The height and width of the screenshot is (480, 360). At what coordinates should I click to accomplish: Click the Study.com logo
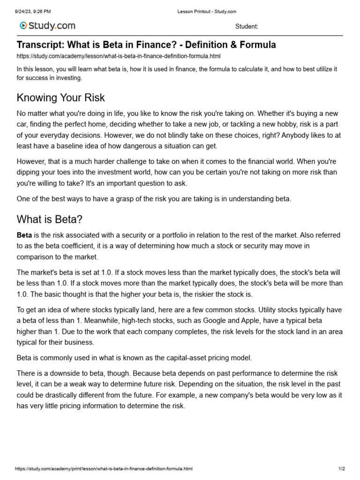(x=47, y=26)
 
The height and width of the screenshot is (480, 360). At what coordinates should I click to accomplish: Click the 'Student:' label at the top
(x=247, y=27)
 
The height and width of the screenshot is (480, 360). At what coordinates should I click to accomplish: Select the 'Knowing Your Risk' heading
(x=61, y=97)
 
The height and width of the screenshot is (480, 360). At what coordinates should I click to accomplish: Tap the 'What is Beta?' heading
(x=50, y=219)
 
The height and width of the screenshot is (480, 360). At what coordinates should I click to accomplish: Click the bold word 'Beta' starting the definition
(x=24, y=235)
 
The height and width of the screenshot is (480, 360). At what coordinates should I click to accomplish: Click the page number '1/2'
(x=342, y=469)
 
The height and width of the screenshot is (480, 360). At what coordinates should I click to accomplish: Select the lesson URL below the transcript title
(x=118, y=56)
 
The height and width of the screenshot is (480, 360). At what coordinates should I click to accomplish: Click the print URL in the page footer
(x=104, y=469)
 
